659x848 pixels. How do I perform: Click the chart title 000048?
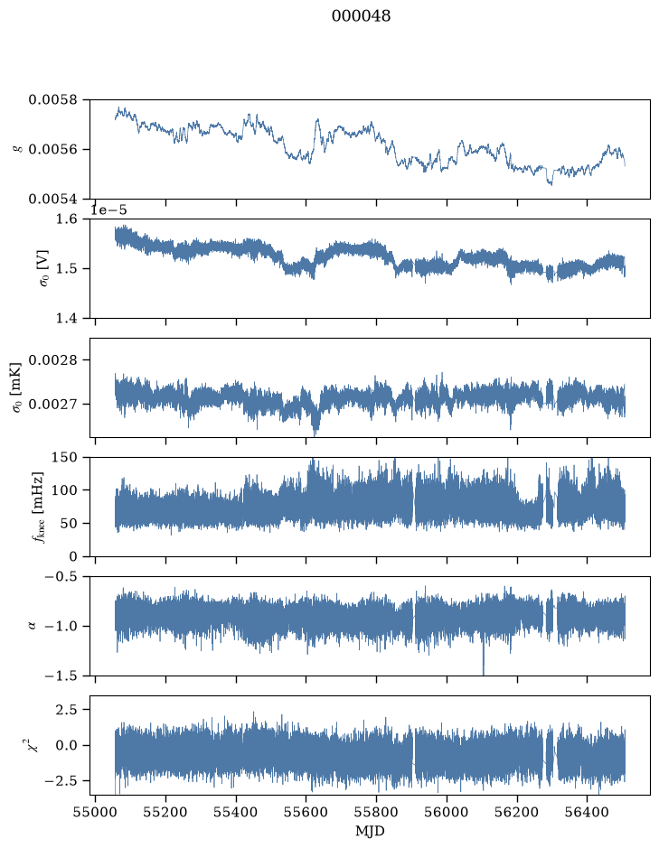click(361, 16)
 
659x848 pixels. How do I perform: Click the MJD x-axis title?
click(370, 831)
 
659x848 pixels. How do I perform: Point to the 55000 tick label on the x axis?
click(95, 812)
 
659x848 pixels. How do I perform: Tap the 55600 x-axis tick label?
click(306, 812)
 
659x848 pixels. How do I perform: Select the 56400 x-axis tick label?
click(588, 812)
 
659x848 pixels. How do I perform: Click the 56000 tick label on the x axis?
click(447, 812)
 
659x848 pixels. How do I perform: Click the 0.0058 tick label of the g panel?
click(52, 99)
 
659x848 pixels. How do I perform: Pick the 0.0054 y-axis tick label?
click(52, 199)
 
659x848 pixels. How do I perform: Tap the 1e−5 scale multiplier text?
click(108, 210)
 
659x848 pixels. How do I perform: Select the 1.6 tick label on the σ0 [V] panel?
click(67, 219)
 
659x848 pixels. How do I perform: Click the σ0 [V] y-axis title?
click(44, 268)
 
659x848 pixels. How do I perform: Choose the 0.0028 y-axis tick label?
click(52, 360)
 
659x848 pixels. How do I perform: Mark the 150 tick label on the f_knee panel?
click(64, 458)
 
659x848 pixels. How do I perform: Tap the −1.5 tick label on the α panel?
click(61, 676)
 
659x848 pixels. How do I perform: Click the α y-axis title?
click(32, 626)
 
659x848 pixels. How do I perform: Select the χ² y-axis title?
click(33, 745)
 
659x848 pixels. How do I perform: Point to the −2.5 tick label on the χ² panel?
click(61, 781)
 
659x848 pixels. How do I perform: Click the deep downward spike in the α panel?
click(483, 657)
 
